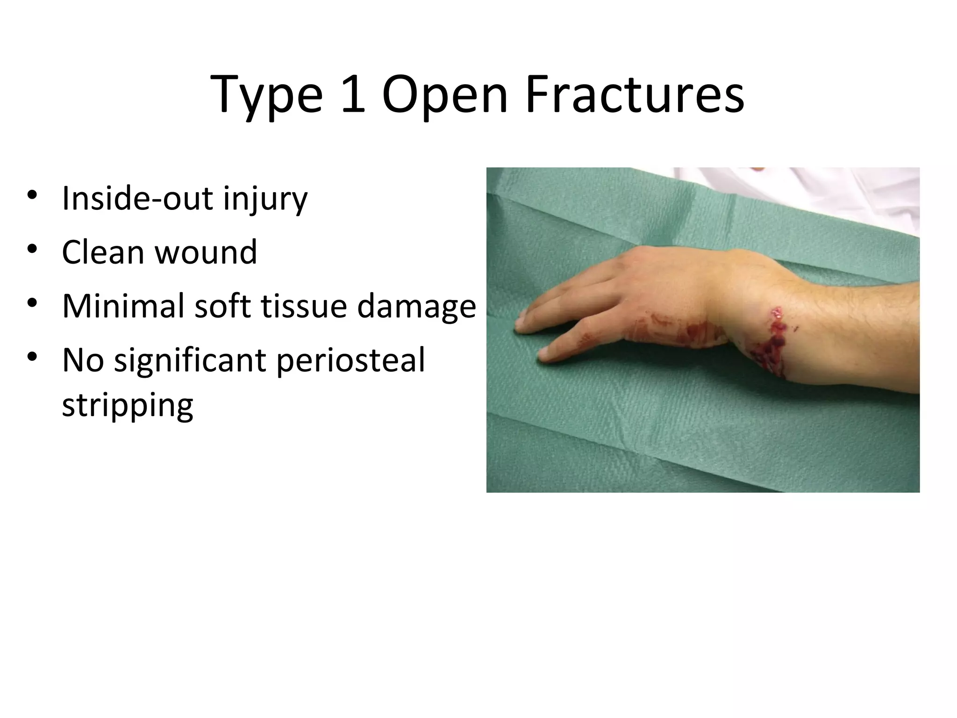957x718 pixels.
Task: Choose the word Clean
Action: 103,252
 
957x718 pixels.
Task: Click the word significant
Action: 191,360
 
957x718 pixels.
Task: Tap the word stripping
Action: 127,406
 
